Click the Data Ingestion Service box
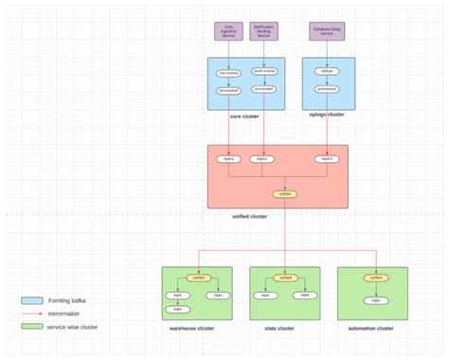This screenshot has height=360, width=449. click(227, 31)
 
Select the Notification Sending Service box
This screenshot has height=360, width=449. click(263, 31)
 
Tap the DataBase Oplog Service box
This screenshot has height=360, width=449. click(327, 31)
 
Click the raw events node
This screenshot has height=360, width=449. click(228, 72)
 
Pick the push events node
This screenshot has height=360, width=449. click(264, 72)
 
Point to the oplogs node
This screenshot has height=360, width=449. click(327, 72)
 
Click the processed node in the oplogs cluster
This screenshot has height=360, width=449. click(327, 90)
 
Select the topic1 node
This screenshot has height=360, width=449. click(228, 159)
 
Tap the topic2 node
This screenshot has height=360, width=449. click(264, 159)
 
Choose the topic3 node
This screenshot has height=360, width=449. click(327, 159)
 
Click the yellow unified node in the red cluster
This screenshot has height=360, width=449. click(284, 193)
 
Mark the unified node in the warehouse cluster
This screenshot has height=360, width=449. click(199, 278)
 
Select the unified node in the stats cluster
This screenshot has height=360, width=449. click(285, 278)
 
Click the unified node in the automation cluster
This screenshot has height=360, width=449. click(376, 278)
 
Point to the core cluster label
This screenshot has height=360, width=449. click(245, 117)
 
